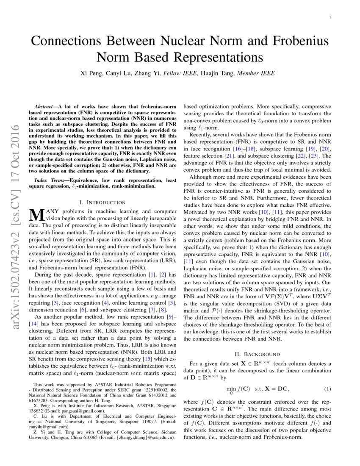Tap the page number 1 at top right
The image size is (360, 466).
click(x=330, y=17)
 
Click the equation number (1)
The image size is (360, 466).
click(x=327, y=388)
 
